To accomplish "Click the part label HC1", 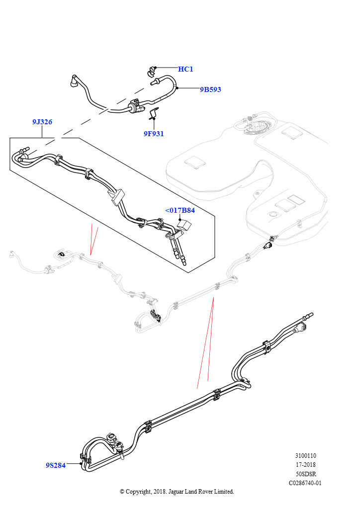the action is pos(185,69).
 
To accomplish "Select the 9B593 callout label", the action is pos(210,89).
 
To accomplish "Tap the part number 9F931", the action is pos(154,133).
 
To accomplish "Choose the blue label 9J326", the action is pos(42,122).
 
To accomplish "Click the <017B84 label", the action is pos(180,210).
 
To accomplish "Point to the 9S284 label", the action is pos(56,465).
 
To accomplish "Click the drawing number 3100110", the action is pos(305,455).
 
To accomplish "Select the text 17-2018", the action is pos(305,465).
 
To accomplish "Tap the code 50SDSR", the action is pos(305,474).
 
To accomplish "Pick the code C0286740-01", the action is pos(305,483).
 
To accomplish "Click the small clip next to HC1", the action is pos(151,72).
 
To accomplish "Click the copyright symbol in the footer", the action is pos(122,492).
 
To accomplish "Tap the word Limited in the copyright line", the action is pos(224,492).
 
